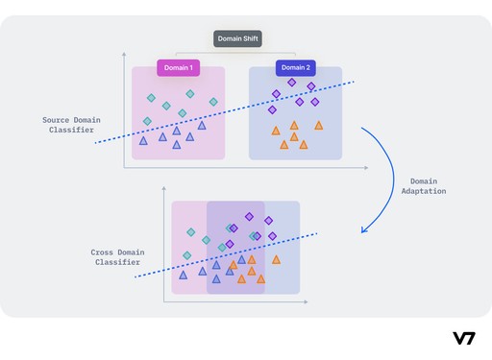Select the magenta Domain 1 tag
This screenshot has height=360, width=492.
177,68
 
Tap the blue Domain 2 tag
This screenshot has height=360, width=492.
295,68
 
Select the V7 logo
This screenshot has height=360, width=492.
464,338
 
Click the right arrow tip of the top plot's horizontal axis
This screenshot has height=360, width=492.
366,168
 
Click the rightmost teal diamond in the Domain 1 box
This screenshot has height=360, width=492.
213,102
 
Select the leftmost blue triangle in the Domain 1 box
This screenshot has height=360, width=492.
143,141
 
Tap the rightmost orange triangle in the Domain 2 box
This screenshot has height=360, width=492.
319,126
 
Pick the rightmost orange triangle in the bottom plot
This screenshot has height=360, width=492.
276,259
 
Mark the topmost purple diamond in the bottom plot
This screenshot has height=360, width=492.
249,216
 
